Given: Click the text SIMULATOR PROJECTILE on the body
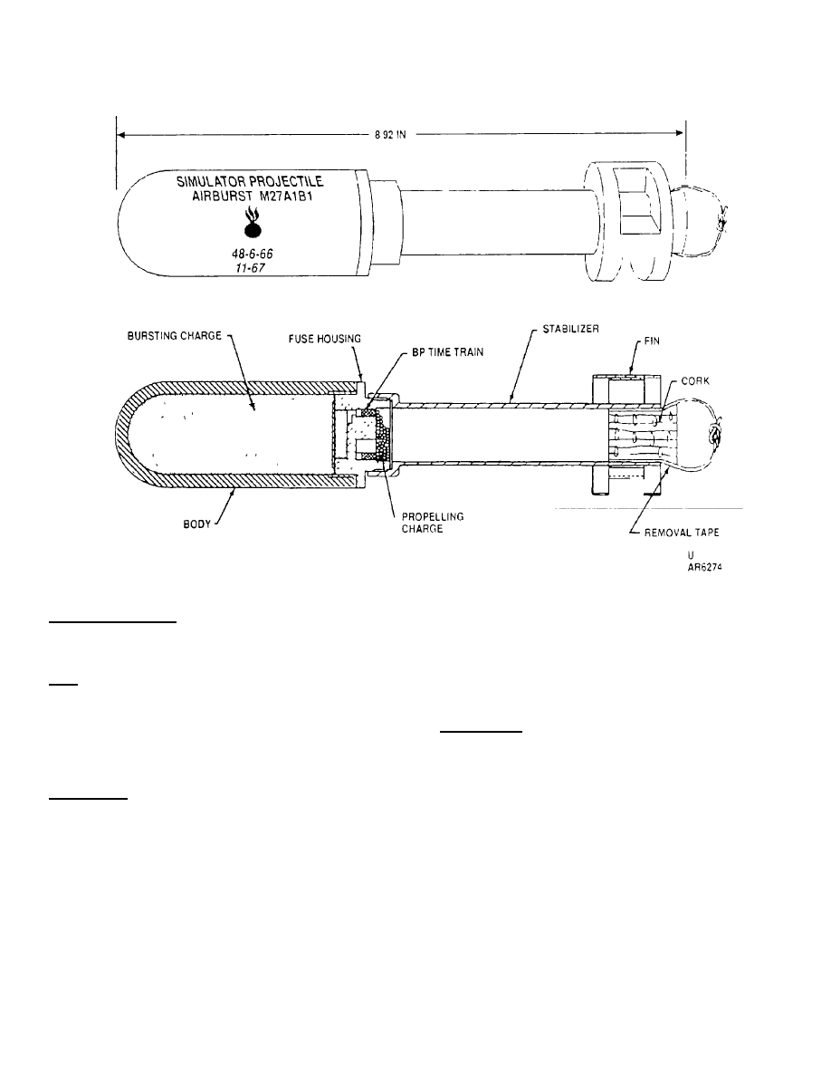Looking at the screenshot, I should tap(248, 182).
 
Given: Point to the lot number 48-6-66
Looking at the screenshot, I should tap(251, 255).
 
